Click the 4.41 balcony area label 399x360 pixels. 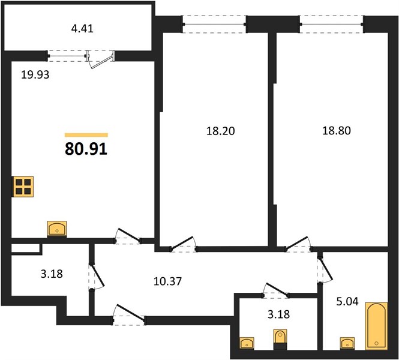click(82, 28)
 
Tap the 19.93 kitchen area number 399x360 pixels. click(35, 75)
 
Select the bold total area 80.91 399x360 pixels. click(86, 149)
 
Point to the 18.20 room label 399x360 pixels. click(220, 131)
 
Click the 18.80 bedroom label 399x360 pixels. click(337, 131)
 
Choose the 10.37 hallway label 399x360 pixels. click(167, 281)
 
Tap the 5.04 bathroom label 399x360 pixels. click(347, 301)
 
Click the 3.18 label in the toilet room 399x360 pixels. click(278, 314)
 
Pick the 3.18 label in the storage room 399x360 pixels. click(52, 274)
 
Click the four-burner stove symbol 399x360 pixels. click(23, 187)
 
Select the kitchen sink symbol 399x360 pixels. click(57, 229)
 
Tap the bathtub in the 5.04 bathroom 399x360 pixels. click(376, 326)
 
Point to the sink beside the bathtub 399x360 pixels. click(347, 343)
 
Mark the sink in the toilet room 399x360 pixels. click(247, 343)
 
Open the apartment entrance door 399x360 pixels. click(128, 314)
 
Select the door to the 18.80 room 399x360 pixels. click(297, 244)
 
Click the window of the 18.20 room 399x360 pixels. click(214, 25)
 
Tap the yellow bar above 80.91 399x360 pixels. click(86, 135)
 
